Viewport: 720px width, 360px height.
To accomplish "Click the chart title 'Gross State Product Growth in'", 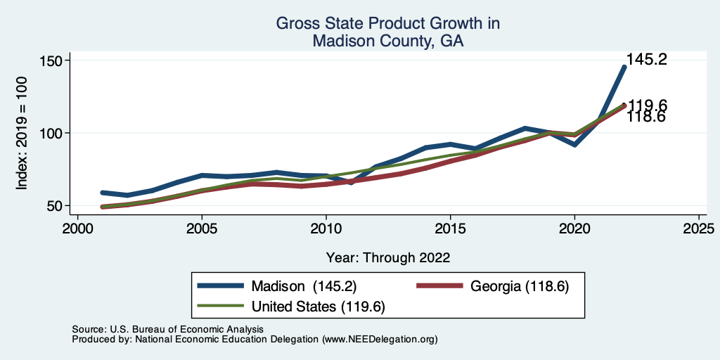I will point(388,24).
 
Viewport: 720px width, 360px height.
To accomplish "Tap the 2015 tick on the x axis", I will point(450,229).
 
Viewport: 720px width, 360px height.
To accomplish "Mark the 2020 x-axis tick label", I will point(574,229).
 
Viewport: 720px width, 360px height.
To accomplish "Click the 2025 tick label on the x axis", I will point(698,229).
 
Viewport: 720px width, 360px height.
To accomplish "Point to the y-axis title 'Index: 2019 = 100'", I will point(22,133).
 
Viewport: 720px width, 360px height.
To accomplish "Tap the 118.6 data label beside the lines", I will point(646,117).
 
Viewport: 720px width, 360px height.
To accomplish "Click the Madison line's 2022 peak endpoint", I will point(624,67).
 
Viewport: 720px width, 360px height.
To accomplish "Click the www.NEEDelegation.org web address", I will point(379,339).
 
